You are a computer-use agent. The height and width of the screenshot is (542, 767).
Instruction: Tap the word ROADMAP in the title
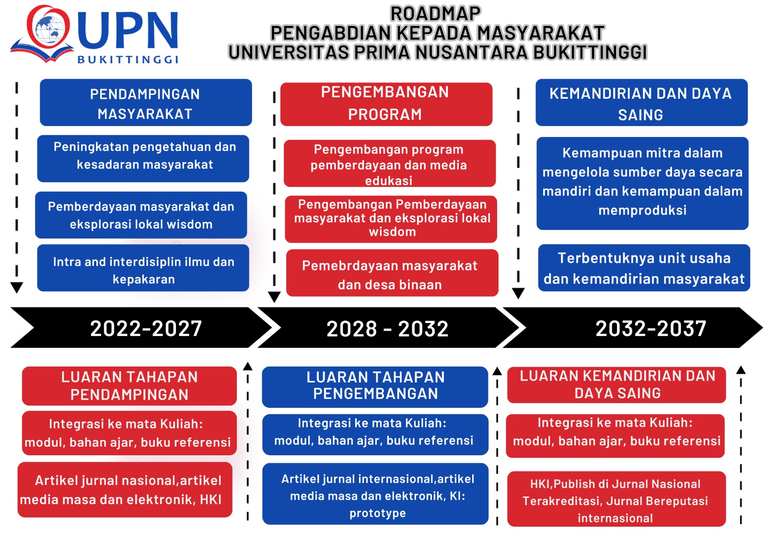[x=436, y=14]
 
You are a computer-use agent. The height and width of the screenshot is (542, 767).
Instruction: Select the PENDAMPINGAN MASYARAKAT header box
[x=146, y=103]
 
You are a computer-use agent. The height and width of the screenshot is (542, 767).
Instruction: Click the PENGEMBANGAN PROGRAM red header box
[x=386, y=104]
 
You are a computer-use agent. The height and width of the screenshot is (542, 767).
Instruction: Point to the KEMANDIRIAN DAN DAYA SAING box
[x=642, y=103]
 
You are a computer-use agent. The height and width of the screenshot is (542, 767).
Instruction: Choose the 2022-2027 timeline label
[x=146, y=329]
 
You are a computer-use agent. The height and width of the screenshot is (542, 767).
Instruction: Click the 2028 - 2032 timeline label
[x=388, y=329]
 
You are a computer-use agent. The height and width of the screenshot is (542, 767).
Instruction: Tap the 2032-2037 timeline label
[x=651, y=328]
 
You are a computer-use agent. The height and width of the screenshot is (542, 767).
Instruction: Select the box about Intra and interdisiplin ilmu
[x=143, y=268]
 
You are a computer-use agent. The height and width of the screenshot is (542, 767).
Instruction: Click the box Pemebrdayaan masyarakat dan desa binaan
[x=393, y=273]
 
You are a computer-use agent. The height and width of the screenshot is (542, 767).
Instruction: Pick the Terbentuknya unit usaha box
[x=644, y=268]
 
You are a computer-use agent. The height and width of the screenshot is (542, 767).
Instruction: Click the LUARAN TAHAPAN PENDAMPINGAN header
[x=129, y=386]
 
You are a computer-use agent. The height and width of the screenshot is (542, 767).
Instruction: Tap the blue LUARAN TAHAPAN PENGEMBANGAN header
[x=375, y=387]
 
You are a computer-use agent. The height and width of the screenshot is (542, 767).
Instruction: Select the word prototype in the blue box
[x=378, y=513]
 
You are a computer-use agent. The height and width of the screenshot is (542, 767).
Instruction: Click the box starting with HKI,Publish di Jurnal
[x=616, y=499]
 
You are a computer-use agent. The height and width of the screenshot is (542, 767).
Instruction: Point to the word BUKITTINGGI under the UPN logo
[x=128, y=59]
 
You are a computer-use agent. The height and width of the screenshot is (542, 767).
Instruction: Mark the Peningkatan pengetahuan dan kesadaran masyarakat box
[x=143, y=159]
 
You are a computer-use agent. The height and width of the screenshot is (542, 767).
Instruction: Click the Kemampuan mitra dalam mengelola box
[x=642, y=183]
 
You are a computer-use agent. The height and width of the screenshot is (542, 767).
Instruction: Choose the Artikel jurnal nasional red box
[x=125, y=490]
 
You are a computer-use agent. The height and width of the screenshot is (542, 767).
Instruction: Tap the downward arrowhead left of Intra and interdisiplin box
[x=16, y=287]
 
